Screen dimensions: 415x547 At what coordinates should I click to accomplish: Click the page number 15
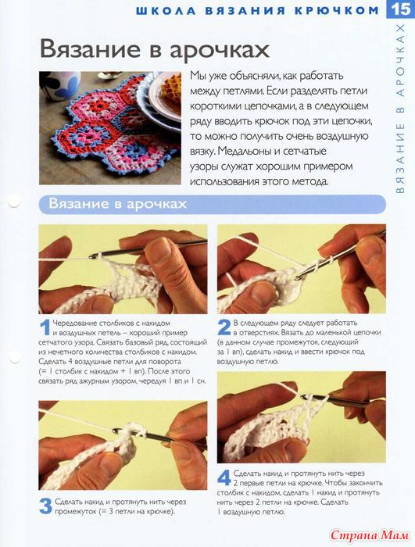[402, 9]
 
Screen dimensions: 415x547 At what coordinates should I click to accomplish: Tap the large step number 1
[45, 328]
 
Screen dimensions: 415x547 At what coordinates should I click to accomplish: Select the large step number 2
[224, 328]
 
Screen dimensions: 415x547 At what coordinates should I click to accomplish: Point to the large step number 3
[45, 506]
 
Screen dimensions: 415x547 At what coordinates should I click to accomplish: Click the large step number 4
[224, 477]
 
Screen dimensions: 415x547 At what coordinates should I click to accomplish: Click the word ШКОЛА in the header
[166, 10]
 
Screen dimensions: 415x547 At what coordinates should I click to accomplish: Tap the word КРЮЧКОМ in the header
[337, 10]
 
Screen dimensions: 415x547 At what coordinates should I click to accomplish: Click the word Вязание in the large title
[90, 48]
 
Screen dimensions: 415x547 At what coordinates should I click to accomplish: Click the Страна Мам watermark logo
[370, 534]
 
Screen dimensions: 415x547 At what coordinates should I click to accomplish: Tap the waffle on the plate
[170, 88]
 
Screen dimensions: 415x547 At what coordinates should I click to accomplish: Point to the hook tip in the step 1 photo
[92, 256]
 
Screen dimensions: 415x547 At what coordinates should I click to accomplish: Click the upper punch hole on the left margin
[13, 202]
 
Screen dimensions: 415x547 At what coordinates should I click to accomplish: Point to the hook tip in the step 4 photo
[304, 397]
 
